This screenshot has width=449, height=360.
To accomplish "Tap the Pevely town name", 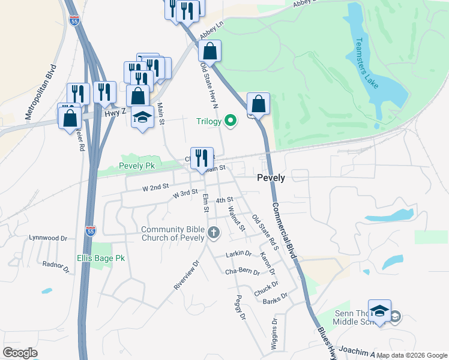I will tap(271, 178).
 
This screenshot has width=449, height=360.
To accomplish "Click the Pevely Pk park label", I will tap(137, 166).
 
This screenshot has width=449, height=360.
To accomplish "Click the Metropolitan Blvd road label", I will tap(40, 93).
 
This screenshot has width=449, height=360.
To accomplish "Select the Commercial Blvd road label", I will tap(285, 231).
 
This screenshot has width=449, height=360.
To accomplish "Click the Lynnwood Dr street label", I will tap(49, 238).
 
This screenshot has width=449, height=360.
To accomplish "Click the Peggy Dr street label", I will tap(241, 308).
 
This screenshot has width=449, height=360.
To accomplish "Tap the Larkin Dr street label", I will tap(238, 254).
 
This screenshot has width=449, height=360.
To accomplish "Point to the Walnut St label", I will tap(237, 218).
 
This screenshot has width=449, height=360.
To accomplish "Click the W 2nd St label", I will tap(155, 188).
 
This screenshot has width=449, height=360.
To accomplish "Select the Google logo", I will tap(20, 353).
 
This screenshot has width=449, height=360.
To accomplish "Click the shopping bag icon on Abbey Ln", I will tap(210, 51).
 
